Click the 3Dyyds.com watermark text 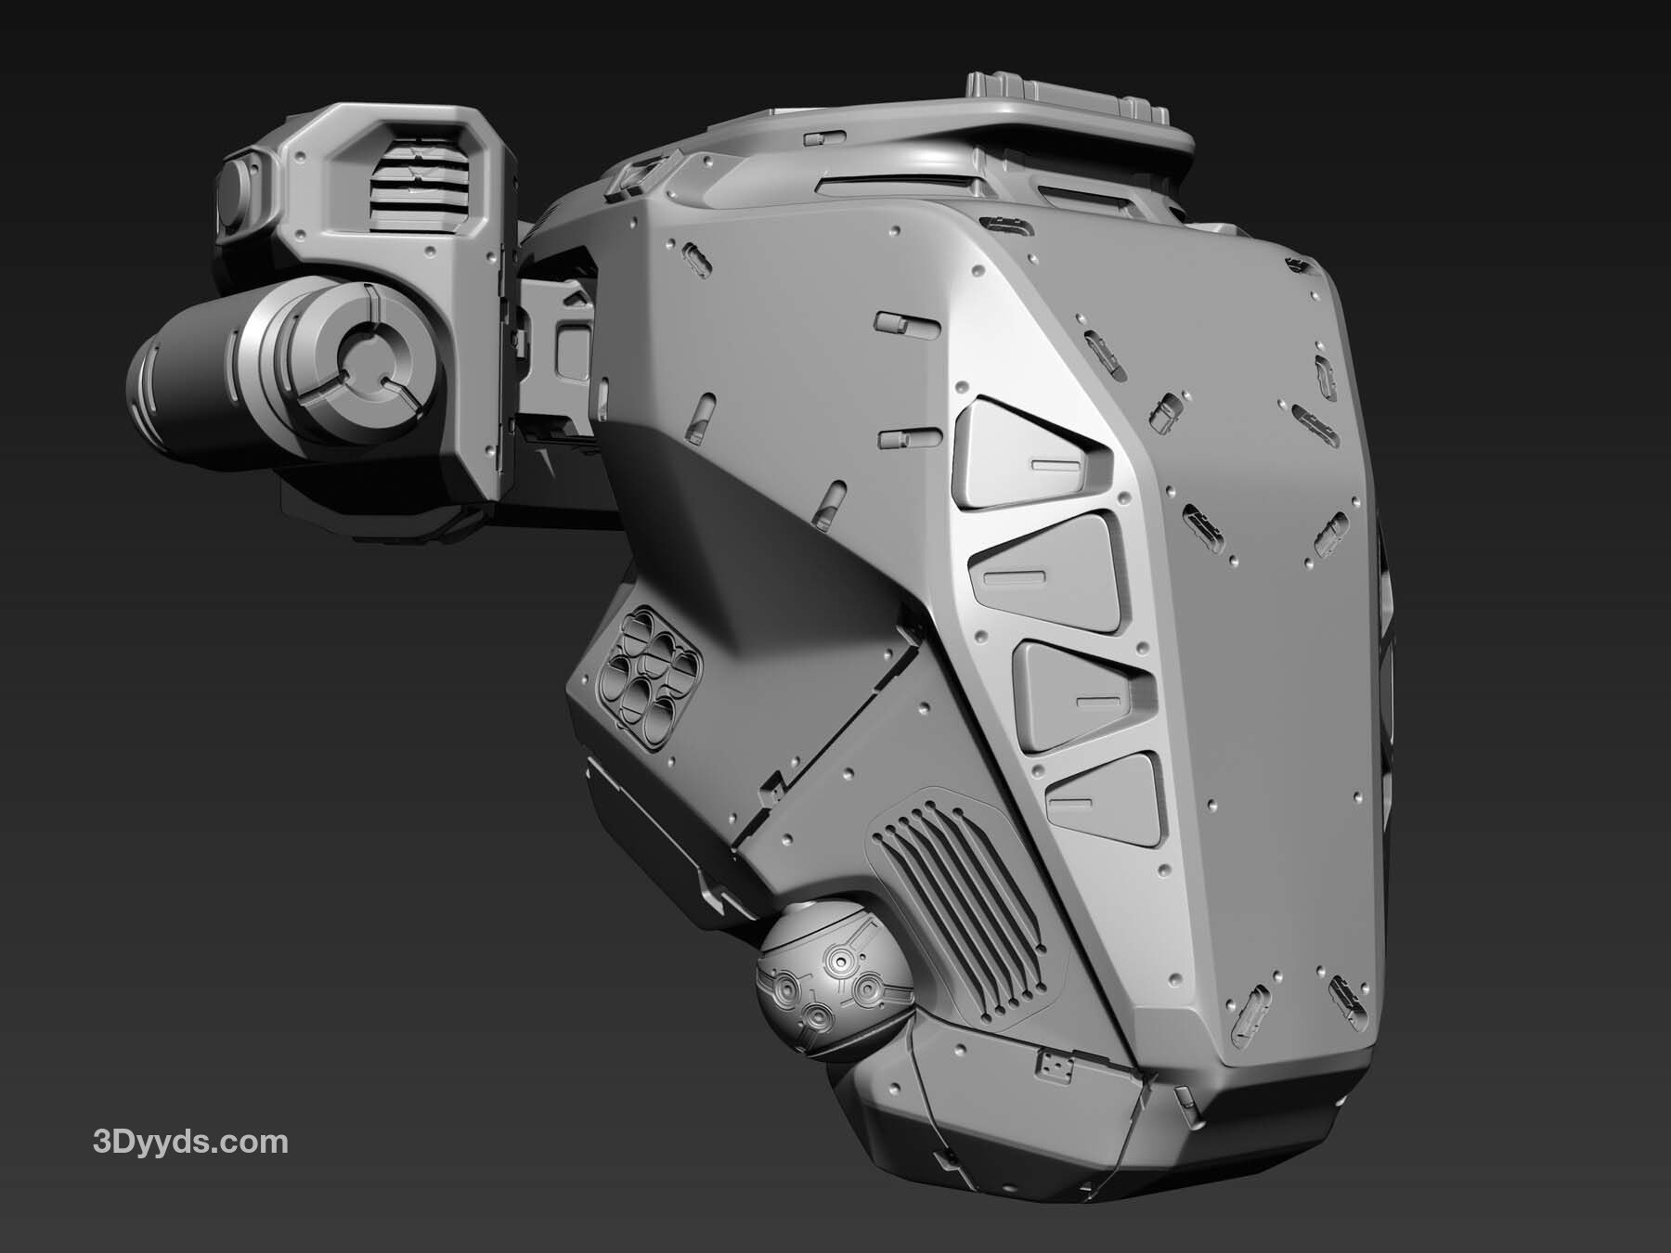point(190,1143)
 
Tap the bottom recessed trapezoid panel point(1105,798)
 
